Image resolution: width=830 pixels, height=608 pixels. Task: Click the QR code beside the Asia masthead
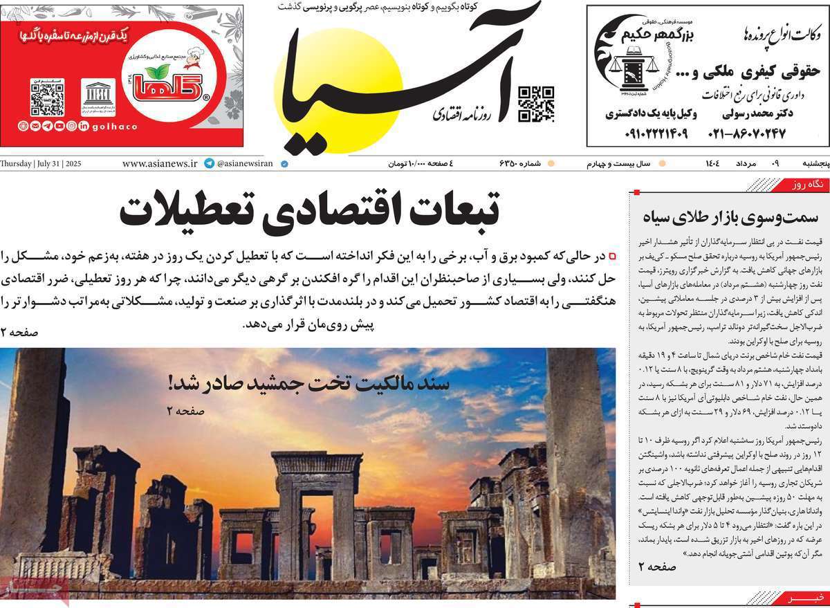536,104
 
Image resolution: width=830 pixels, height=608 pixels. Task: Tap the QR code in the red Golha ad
47,97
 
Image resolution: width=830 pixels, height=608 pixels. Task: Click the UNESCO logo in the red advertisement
98,97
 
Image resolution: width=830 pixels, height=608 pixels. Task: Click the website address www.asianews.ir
160,164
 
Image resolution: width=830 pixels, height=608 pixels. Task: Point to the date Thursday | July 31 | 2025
41,164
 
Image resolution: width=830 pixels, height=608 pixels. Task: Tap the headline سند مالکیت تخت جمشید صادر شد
308,383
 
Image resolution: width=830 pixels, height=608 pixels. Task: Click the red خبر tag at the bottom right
809,597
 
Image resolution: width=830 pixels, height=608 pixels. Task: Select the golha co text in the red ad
114,127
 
